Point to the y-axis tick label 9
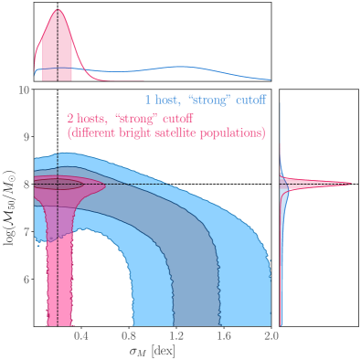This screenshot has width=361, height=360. click(x=27, y=137)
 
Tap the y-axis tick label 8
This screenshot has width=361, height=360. click(x=27, y=185)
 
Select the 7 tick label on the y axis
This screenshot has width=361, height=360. click(x=27, y=232)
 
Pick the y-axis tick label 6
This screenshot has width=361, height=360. click(x=27, y=280)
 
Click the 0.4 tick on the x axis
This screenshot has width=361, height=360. click(x=80, y=336)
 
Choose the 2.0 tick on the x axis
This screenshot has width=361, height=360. click(x=270, y=336)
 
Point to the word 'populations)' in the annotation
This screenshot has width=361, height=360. click(x=235, y=133)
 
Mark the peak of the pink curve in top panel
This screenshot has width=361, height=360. click(x=58, y=10)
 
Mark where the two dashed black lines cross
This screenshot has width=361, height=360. click(x=58, y=184)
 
